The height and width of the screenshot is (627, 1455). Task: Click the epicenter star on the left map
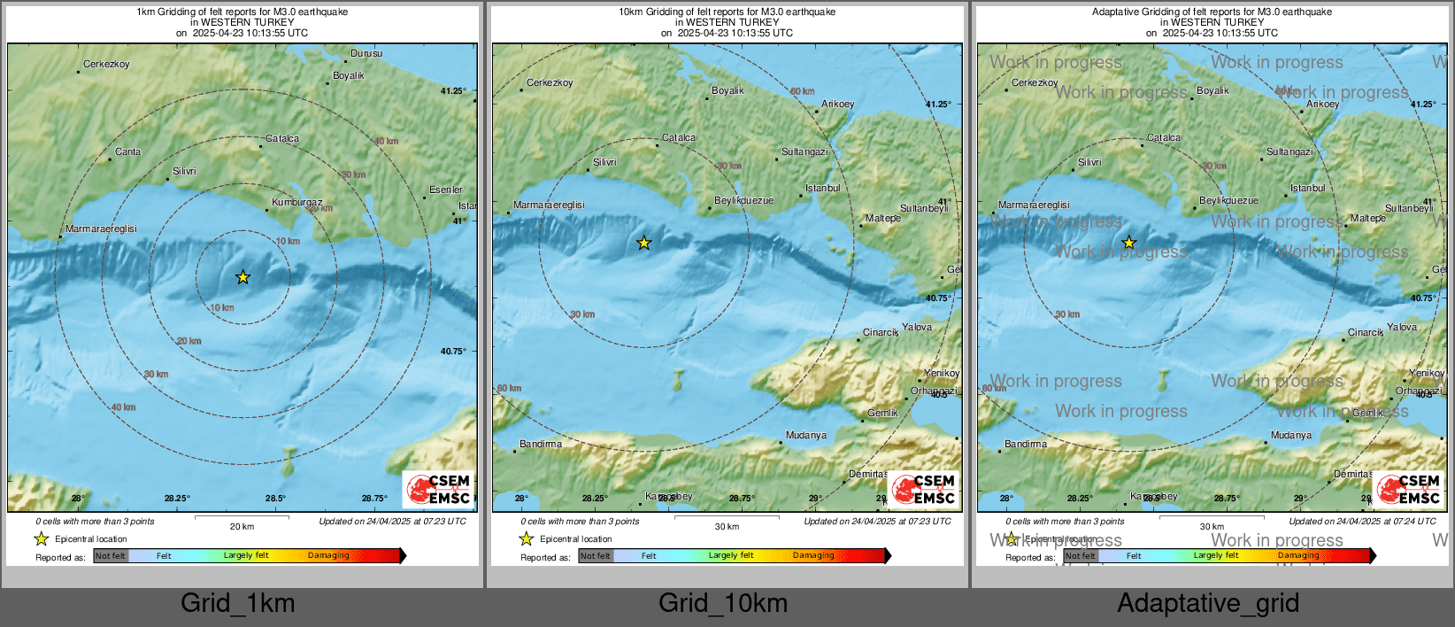[242, 277]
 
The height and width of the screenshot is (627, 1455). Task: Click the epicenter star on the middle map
[644, 243]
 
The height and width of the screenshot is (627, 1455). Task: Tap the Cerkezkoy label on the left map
[106, 64]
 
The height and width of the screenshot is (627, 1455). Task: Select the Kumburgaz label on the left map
[296, 202]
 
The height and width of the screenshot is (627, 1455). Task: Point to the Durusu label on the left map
[366, 53]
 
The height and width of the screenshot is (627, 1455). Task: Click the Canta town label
[127, 151]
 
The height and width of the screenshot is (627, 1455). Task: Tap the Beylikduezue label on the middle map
[743, 201]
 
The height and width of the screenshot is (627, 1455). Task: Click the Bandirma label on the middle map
[540, 444]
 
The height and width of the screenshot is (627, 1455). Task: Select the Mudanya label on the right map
[1291, 435]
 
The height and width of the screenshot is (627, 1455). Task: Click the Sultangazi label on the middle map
[804, 151]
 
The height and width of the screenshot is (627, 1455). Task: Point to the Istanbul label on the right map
[1308, 188]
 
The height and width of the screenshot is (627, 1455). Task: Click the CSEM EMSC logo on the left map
[439, 489]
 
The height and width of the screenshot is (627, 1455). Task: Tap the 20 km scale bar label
[242, 526]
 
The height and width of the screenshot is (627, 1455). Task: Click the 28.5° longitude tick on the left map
[276, 499]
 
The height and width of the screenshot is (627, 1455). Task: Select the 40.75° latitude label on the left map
[453, 351]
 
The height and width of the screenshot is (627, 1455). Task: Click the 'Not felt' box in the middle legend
[596, 556]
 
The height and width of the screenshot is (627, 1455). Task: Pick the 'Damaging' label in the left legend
[328, 555]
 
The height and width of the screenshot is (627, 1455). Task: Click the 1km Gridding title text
[242, 12]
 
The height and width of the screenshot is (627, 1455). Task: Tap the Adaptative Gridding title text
[1212, 12]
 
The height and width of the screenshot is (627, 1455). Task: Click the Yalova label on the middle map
[917, 327]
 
